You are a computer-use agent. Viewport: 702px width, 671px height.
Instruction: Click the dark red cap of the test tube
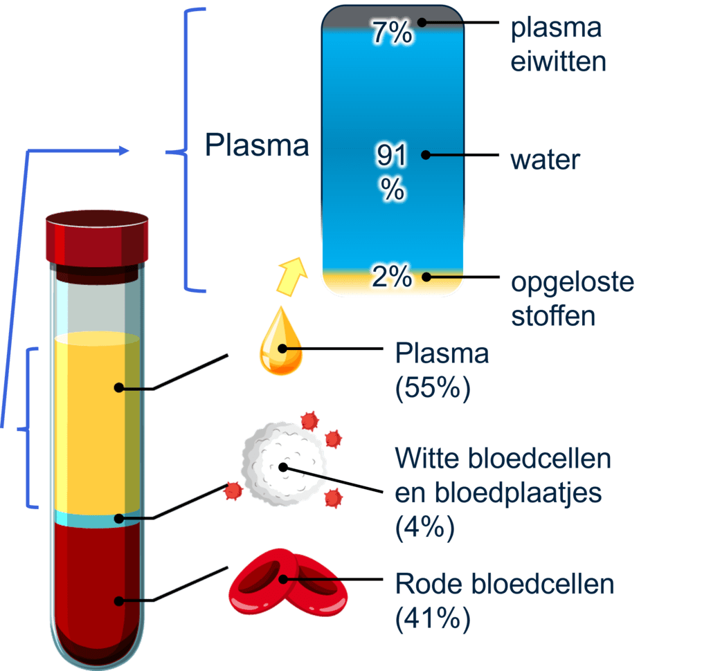coord(98,239)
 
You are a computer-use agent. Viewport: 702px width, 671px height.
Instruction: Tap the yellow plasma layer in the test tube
coord(97,422)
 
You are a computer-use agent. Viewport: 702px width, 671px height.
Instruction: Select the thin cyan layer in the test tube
coord(97,519)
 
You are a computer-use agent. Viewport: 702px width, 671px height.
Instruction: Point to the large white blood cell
coord(282,459)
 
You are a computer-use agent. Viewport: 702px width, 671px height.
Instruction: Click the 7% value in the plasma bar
coord(392,33)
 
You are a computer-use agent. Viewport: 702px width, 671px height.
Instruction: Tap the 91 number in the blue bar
coord(392,156)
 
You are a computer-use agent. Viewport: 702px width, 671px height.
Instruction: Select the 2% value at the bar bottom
coord(392,277)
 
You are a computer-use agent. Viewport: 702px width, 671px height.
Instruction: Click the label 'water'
coord(545,160)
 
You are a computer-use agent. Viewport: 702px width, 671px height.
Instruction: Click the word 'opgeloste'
coord(572,284)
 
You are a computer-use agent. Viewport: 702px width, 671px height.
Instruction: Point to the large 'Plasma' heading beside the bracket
coord(258,146)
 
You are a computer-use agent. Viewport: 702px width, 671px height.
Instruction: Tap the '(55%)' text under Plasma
coord(432,388)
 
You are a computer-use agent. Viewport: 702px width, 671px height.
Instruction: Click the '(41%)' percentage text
coord(432,618)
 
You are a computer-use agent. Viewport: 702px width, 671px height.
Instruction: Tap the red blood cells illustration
coord(288,581)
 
